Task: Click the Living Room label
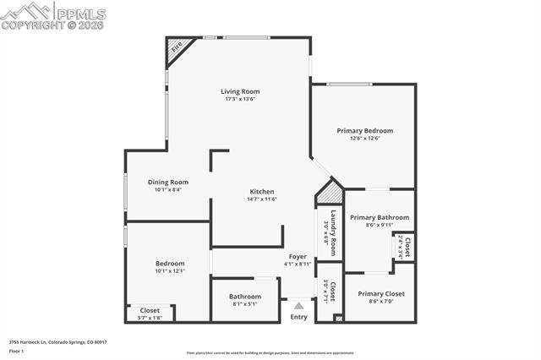point(240,91)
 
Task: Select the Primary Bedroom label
point(364,131)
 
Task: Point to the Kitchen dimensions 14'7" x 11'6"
point(260,200)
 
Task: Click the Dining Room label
point(167,182)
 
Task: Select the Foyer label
point(298,256)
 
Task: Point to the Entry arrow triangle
point(298,305)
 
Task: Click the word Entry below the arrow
point(299,317)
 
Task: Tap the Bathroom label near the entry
point(244,296)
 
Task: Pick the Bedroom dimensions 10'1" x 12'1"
point(169,271)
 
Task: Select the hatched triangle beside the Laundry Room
point(326,194)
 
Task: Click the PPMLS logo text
point(80,12)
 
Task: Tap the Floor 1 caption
point(16,350)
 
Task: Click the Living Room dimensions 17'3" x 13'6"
point(240,99)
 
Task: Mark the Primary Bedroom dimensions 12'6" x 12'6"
point(364,139)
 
